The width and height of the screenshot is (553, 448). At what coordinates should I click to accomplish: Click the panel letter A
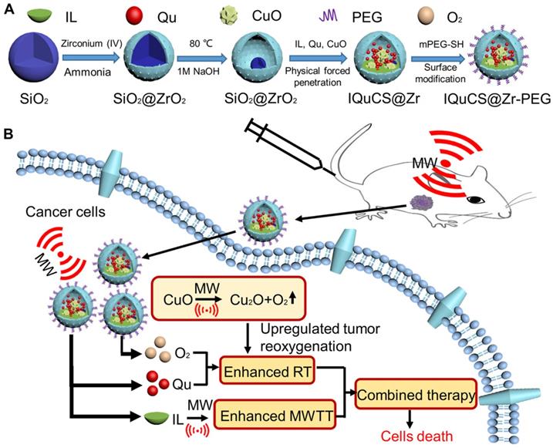click(9, 9)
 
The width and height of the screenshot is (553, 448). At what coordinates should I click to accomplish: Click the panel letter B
click(9, 133)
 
